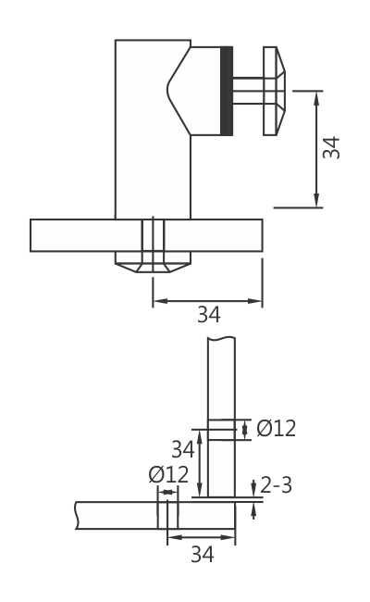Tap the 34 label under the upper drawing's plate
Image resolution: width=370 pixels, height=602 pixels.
pos(208,315)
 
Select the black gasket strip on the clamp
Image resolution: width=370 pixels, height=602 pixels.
pos(227,91)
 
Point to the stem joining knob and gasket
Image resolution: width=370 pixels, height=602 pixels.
pos(248,91)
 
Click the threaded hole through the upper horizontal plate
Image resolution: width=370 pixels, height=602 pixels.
pos(152,235)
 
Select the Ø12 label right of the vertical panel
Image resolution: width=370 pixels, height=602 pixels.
pos(276,428)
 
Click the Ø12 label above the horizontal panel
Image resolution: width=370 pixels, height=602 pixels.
pos(168,474)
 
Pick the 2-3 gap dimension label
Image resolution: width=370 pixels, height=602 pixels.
pos(277,485)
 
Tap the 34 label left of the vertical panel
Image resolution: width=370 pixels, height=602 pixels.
pos(182,450)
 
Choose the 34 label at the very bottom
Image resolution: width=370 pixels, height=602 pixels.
pos(203,555)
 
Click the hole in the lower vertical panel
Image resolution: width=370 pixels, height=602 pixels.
pos(221,429)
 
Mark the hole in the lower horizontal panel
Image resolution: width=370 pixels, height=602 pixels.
pos(167,515)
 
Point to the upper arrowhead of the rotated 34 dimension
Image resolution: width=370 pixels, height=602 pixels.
pos(317,95)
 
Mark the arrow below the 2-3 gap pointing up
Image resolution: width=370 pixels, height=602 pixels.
pos(254,508)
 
